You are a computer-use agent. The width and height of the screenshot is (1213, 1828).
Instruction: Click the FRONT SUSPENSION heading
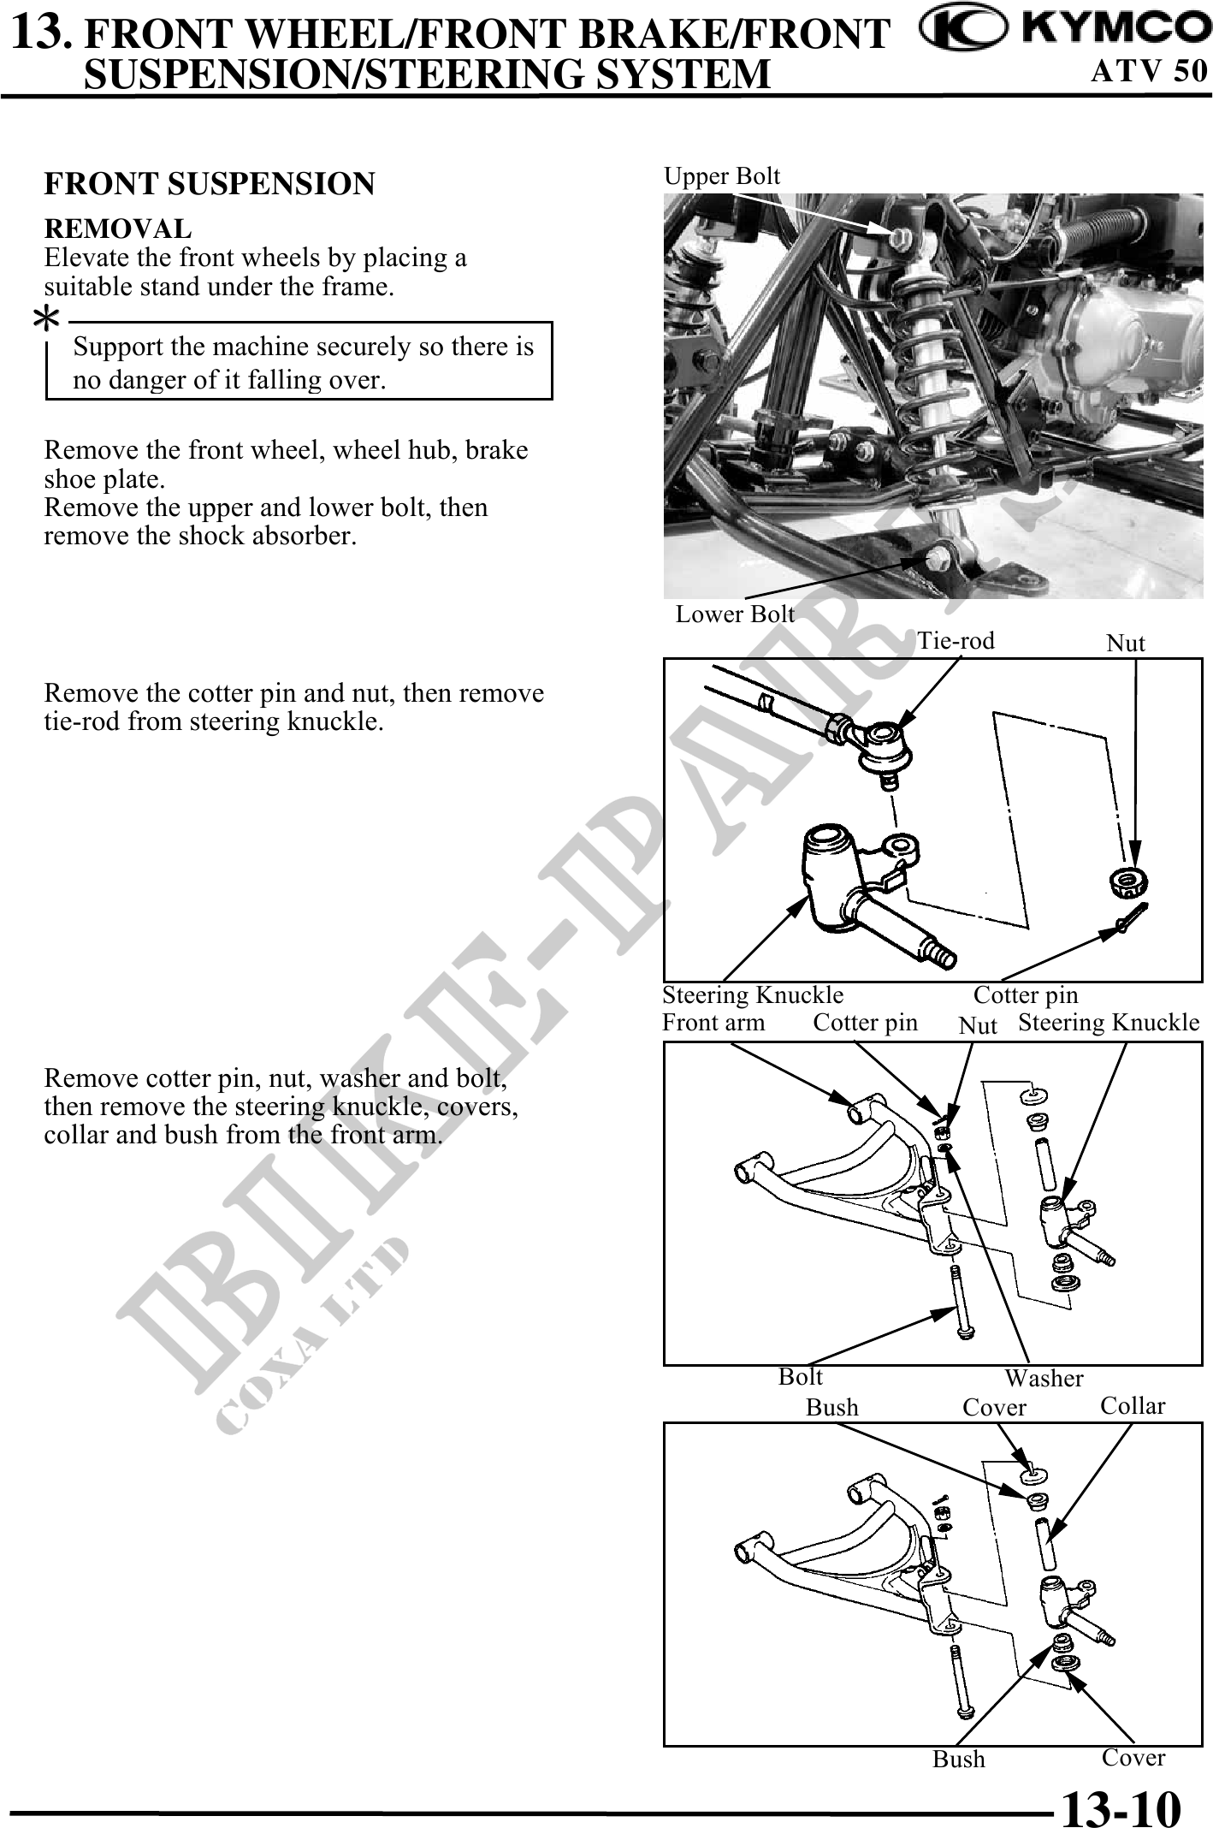coord(210,184)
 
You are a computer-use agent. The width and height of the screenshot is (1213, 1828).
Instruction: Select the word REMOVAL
coord(118,228)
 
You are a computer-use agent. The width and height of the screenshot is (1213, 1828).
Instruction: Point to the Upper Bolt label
coord(722,176)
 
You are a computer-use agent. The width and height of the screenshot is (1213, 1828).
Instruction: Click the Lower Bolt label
coord(735,614)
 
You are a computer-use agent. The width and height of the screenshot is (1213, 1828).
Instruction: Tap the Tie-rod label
coord(956,641)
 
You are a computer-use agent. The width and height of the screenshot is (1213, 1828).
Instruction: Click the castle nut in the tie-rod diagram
coord(1128,881)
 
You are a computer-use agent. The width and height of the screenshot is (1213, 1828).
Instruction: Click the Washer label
coord(1044,1378)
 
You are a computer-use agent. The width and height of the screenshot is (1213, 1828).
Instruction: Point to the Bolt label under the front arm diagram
coord(800,1377)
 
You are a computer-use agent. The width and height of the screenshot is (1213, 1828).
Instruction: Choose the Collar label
coord(1133,1406)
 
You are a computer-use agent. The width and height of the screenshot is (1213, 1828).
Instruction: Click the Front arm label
coord(713,1023)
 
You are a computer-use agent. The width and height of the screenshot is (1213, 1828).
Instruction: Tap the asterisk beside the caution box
coord(46,320)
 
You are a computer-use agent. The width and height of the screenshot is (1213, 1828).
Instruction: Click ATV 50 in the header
coord(1149,70)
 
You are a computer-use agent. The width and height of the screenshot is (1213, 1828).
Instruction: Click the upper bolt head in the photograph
coord(897,239)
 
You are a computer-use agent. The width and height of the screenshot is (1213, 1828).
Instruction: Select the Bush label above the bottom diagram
coord(831,1408)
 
